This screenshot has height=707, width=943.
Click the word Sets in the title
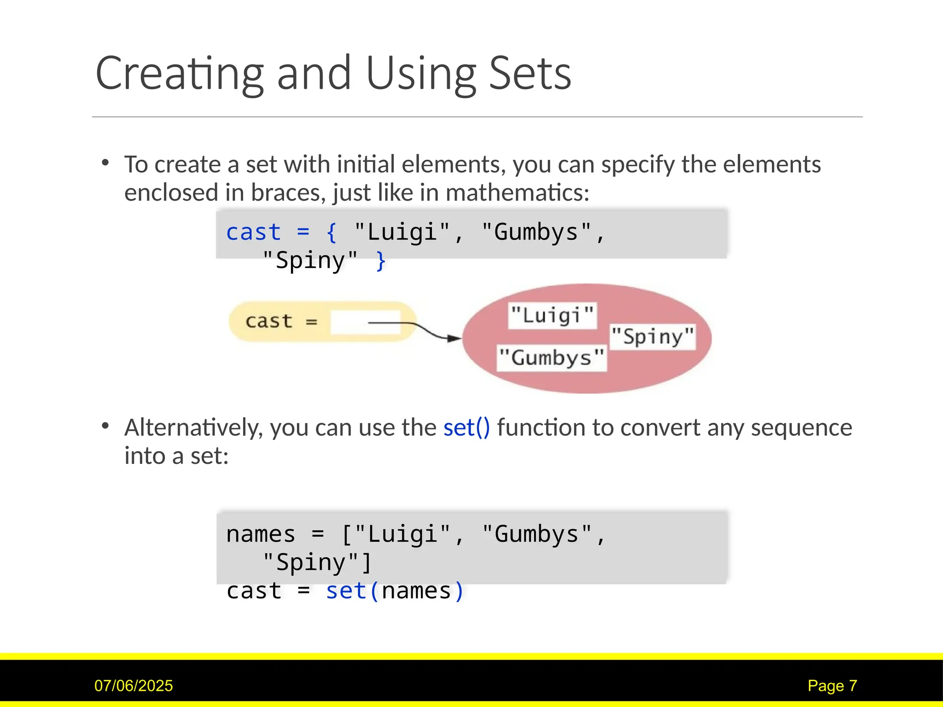click(x=530, y=74)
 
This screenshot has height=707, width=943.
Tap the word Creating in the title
click(x=180, y=74)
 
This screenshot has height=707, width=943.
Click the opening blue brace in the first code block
click(x=331, y=232)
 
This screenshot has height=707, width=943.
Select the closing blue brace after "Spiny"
click(x=380, y=261)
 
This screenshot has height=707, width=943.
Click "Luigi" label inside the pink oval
click(x=552, y=316)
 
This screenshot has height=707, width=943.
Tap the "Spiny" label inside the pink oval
click(x=652, y=337)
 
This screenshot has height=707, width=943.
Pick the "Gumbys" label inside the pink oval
click(x=551, y=358)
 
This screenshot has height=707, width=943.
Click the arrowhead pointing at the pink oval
click(x=454, y=338)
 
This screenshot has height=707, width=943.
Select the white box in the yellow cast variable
click(x=365, y=322)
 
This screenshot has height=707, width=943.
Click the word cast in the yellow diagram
click(x=268, y=321)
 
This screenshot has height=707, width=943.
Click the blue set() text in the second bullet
click(x=466, y=428)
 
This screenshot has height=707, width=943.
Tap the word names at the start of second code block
click(x=261, y=534)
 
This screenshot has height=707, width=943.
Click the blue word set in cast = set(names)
click(x=346, y=591)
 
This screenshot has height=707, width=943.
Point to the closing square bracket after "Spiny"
click(x=367, y=562)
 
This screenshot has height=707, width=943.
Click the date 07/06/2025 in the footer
click(x=134, y=686)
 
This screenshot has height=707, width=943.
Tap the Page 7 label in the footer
click(x=832, y=686)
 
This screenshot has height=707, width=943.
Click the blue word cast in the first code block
click(x=253, y=232)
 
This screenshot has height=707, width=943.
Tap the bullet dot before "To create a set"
click(x=105, y=162)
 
